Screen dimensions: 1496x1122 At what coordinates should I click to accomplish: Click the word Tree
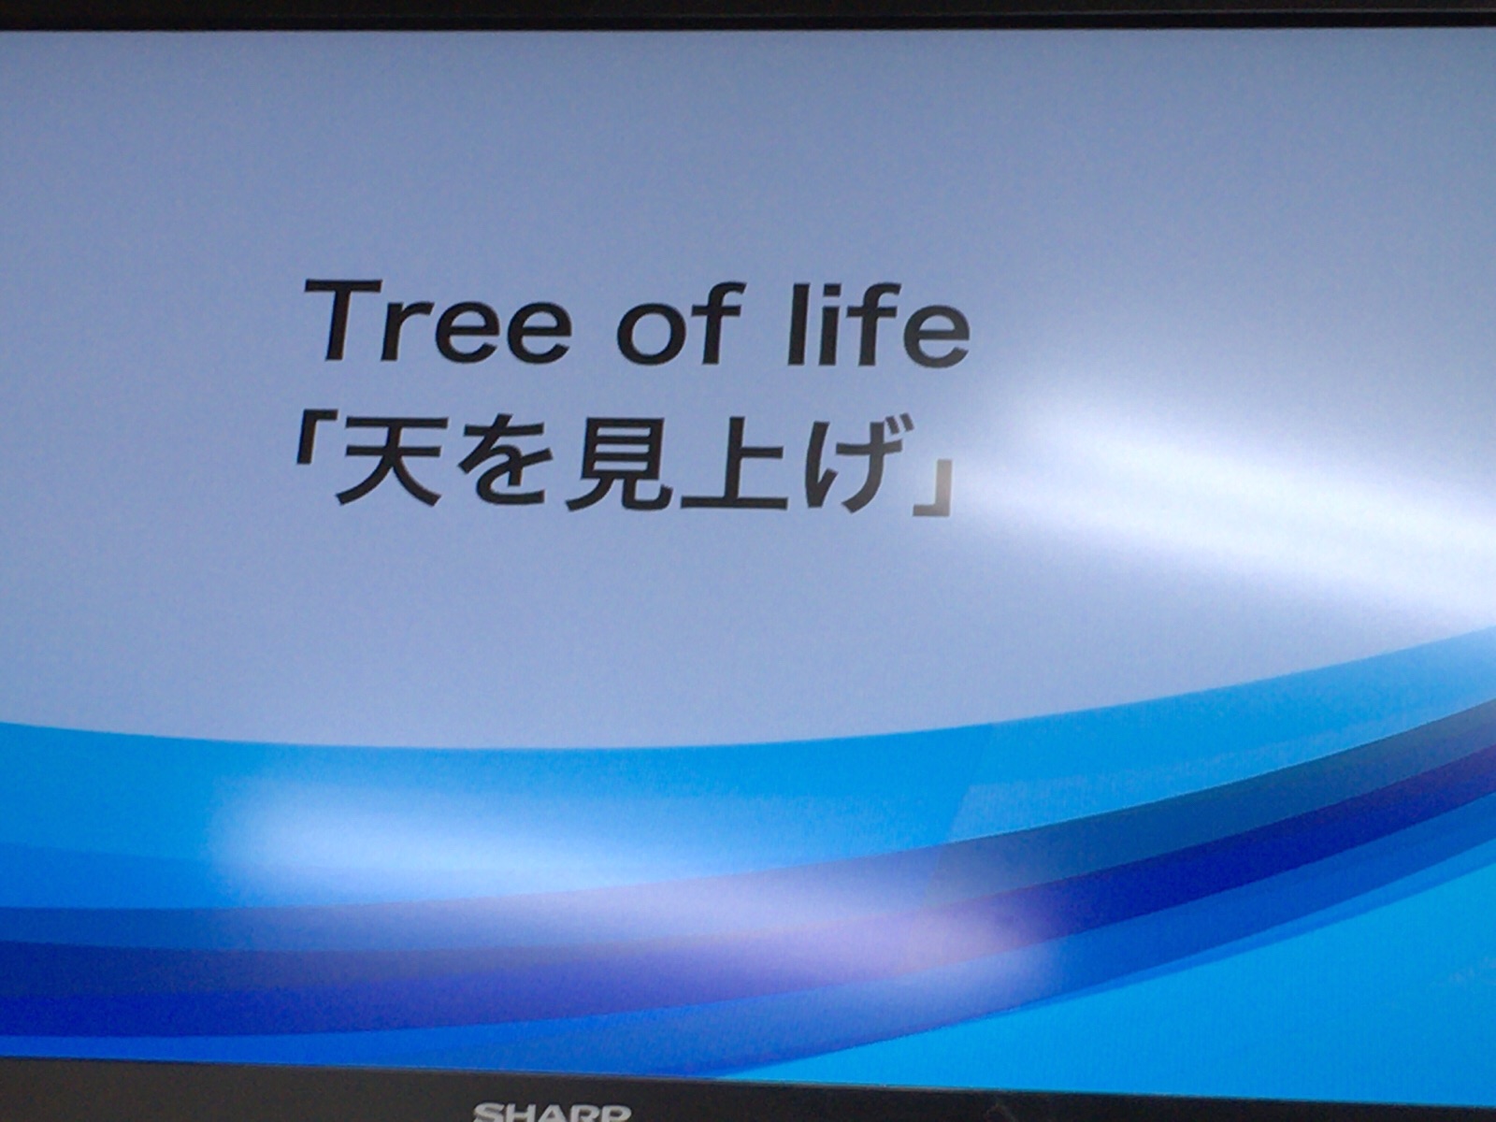click(x=438, y=320)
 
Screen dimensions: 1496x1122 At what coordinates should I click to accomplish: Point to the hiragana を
click(x=503, y=468)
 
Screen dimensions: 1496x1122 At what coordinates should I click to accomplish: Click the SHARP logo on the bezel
click(x=552, y=1114)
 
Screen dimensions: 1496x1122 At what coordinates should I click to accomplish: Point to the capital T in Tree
click(x=344, y=320)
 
